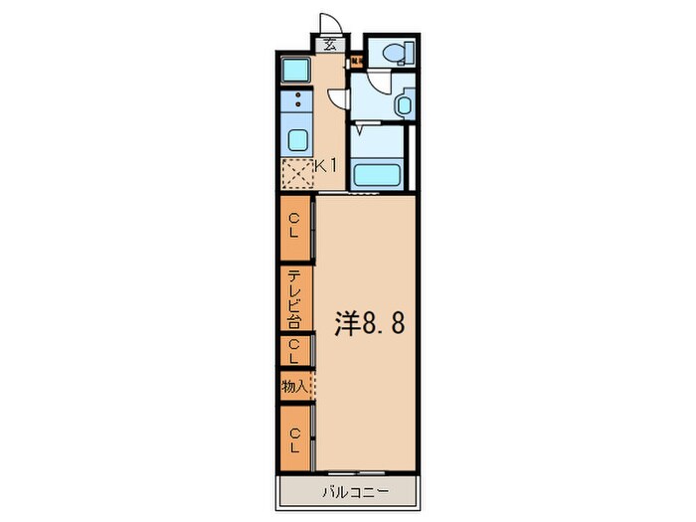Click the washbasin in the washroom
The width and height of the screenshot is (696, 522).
(405, 103)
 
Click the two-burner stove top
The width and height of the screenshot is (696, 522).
(296, 102)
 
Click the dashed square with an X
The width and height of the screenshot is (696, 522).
(296, 175)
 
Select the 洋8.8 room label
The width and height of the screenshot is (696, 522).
(370, 324)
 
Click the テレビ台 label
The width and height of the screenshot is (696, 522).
(295, 298)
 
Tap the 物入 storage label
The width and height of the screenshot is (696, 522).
(294, 386)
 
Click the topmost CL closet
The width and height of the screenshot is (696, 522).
(295, 228)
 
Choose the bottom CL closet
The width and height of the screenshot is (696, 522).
(295, 438)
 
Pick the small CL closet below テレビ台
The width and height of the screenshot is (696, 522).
(294, 350)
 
